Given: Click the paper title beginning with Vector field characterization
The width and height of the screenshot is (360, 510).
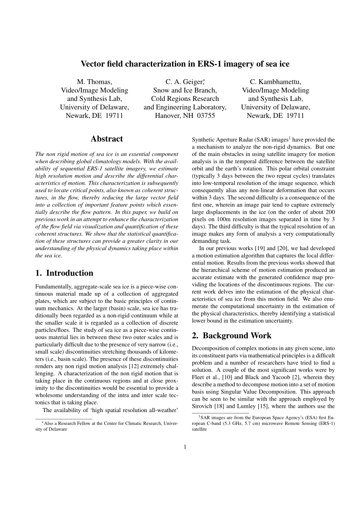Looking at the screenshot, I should pos(185,64).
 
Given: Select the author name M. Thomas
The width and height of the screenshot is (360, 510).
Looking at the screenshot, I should pos(94,82).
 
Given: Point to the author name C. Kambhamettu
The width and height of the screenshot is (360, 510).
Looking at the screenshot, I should pos(275,82).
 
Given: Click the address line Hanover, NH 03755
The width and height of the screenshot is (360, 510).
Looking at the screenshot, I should pos(185,115).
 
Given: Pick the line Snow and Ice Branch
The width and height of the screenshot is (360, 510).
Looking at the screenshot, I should pos(185,90).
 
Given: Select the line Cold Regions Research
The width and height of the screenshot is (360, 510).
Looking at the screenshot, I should pos(185,99).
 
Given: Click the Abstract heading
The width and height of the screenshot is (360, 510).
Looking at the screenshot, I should pos(107,139).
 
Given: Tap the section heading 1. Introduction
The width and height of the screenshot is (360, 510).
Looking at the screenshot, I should pos(64,273).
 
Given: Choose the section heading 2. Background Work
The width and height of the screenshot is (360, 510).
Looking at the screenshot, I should pos(232,336).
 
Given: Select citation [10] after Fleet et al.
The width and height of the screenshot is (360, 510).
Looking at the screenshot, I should pos(228,378).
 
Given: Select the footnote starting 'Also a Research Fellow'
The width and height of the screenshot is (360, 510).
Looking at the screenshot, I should pos(107,426).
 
